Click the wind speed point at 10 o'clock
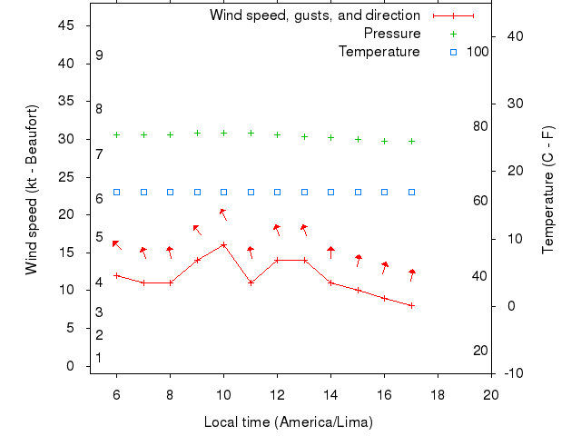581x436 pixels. [x=223, y=244]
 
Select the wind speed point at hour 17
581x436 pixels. [x=411, y=305]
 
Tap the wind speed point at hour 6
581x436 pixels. [x=116, y=275]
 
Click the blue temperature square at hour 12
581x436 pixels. [x=277, y=193]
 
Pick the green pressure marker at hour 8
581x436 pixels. [x=170, y=134]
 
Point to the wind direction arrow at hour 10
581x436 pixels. [x=222, y=214]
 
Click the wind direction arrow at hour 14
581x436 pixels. [x=331, y=252]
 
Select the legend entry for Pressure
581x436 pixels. [x=392, y=34]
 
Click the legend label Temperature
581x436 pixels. [x=379, y=52]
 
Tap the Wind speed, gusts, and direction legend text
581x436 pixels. [x=315, y=15]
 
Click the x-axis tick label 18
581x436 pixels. [x=438, y=395]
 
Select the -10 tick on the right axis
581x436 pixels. [x=513, y=373]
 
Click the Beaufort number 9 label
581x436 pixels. [x=99, y=55]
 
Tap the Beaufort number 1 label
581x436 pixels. [x=98, y=358]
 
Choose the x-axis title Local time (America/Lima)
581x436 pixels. [x=289, y=422]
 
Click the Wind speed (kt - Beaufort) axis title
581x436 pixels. [x=32, y=190]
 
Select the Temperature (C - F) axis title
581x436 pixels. [x=548, y=190]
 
